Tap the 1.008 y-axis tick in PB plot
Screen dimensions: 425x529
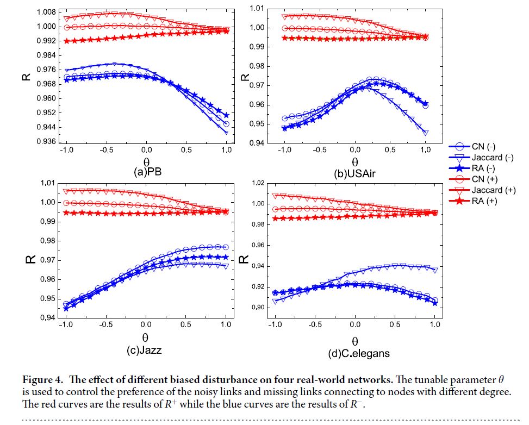(x=46, y=12)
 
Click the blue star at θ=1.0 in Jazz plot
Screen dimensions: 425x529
(x=226, y=257)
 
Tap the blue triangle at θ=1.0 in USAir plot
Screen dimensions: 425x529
(x=425, y=133)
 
